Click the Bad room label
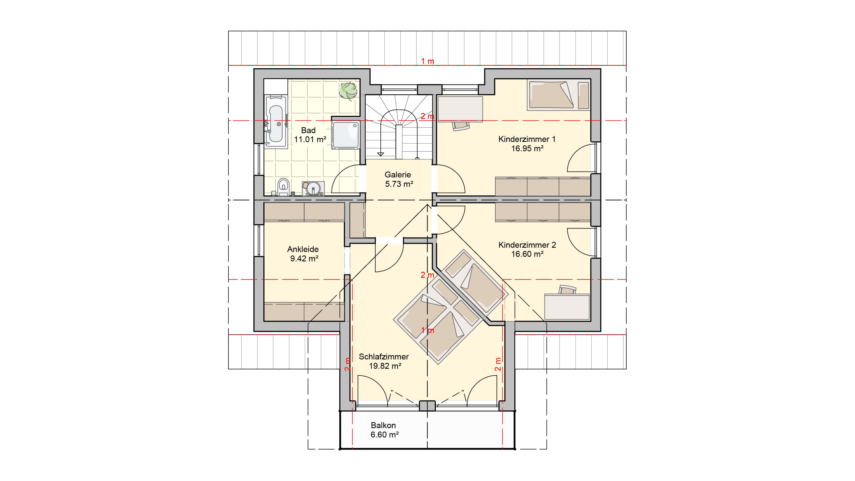[308, 130]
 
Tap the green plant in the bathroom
[348, 90]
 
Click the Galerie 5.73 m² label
[398, 179]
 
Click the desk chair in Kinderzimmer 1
[460, 126]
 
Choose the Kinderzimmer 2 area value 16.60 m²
[527, 254]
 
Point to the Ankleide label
[303, 249]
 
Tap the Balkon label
[383, 425]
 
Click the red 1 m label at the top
[428, 61]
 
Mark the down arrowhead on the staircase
[381, 154]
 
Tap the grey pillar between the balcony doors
[427, 406]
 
